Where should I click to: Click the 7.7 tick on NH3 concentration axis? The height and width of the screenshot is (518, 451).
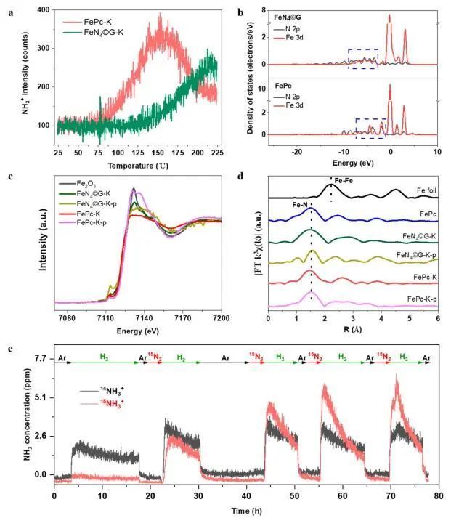(41, 358)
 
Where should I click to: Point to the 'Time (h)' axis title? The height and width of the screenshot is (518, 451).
(243, 509)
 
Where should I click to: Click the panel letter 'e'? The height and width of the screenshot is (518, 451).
(9, 348)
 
